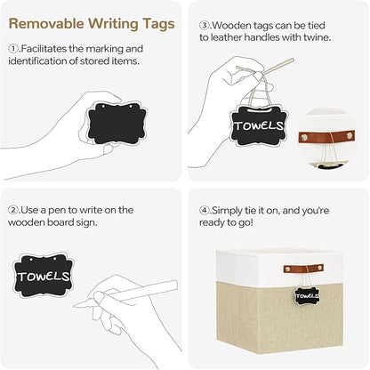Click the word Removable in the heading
click(46, 24)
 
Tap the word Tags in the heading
click(158, 24)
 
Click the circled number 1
click(13, 48)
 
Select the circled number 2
click(13, 210)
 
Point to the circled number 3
click(205, 25)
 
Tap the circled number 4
click(205, 211)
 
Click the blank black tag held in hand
click(117, 124)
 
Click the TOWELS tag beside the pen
click(44, 275)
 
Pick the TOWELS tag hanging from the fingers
click(258, 126)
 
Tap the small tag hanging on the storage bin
click(307, 296)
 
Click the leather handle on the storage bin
click(303, 269)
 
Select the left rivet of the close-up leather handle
click(304, 137)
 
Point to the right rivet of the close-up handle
click(350, 136)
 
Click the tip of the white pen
click(75, 305)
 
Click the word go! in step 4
click(245, 223)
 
